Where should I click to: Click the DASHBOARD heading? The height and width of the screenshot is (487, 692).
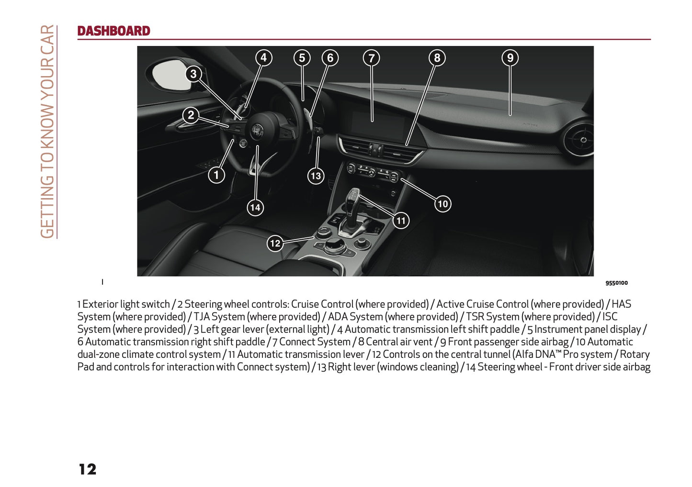(113, 31)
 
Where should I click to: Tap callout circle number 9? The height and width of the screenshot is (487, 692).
(510, 58)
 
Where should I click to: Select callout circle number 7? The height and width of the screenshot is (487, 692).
(372, 58)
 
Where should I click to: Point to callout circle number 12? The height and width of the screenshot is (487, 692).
(275, 243)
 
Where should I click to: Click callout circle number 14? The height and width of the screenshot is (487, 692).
(255, 208)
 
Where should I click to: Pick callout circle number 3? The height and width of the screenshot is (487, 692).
(193, 74)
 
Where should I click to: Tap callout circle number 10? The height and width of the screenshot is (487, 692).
(442, 204)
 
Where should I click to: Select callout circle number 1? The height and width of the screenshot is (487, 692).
(216, 175)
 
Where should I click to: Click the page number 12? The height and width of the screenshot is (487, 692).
(88, 469)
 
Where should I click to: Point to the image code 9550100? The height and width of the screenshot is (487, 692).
(616, 283)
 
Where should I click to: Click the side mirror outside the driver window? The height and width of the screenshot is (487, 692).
(170, 75)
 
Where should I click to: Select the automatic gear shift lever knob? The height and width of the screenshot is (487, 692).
(353, 197)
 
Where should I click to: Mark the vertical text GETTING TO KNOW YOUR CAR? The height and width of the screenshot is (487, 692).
(47, 132)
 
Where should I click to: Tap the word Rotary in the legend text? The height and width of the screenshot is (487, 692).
(635, 354)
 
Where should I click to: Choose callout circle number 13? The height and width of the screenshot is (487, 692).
(316, 176)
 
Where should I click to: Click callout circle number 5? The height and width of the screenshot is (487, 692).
(302, 58)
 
